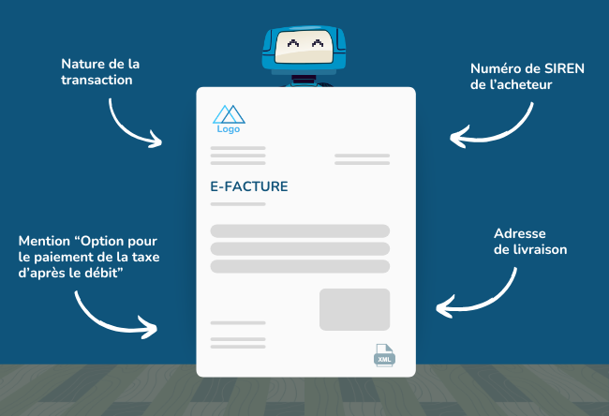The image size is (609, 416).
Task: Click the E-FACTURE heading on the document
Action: click(x=249, y=186)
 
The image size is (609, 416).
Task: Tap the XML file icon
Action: click(x=384, y=355)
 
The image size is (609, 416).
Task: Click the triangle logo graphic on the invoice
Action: click(x=229, y=114)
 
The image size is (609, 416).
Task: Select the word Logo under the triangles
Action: click(x=229, y=129)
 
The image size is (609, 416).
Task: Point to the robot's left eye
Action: click(x=293, y=43)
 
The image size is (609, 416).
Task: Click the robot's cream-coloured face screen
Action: click(x=304, y=47)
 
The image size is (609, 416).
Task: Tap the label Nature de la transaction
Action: click(x=100, y=72)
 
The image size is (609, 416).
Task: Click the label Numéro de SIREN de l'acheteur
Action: click(x=527, y=76)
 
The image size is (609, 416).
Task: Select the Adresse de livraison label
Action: click(x=530, y=241)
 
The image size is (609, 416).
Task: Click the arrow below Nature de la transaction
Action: click(x=126, y=129)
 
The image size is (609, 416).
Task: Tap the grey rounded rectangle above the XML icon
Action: click(x=354, y=309)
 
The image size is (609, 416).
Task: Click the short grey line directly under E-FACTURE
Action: click(x=238, y=204)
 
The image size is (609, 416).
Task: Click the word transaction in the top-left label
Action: click(x=97, y=80)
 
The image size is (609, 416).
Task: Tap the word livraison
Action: click(x=541, y=249)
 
